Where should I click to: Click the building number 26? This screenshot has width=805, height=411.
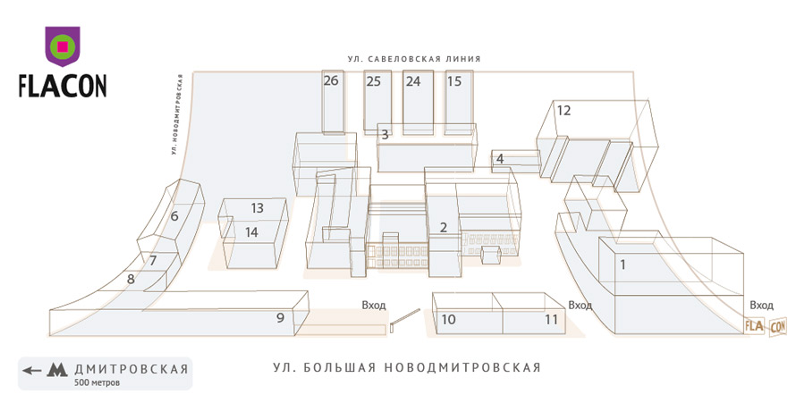tap(331, 81)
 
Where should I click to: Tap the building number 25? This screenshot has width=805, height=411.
tap(373, 81)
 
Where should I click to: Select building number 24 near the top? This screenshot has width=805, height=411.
tap(412, 81)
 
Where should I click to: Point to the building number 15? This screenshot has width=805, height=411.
tap(454, 81)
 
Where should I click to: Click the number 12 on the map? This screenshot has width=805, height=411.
tap(563, 111)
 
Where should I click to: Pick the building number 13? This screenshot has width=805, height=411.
tap(257, 208)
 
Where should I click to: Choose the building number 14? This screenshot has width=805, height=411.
tap(252, 232)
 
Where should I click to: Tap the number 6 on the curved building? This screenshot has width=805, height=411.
tap(174, 215)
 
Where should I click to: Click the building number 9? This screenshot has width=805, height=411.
tap(280, 317)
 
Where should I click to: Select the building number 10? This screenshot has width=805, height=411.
tap(449, 319)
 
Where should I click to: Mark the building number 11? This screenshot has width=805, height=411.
tap(551, 319)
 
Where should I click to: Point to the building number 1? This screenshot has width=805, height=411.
tap(623, 264)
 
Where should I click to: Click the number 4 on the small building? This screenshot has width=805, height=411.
tap(500, 159)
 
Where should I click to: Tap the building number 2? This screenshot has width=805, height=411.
tap(443, 227)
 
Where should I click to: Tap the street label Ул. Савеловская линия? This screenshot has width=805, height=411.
tap(415, 59)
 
